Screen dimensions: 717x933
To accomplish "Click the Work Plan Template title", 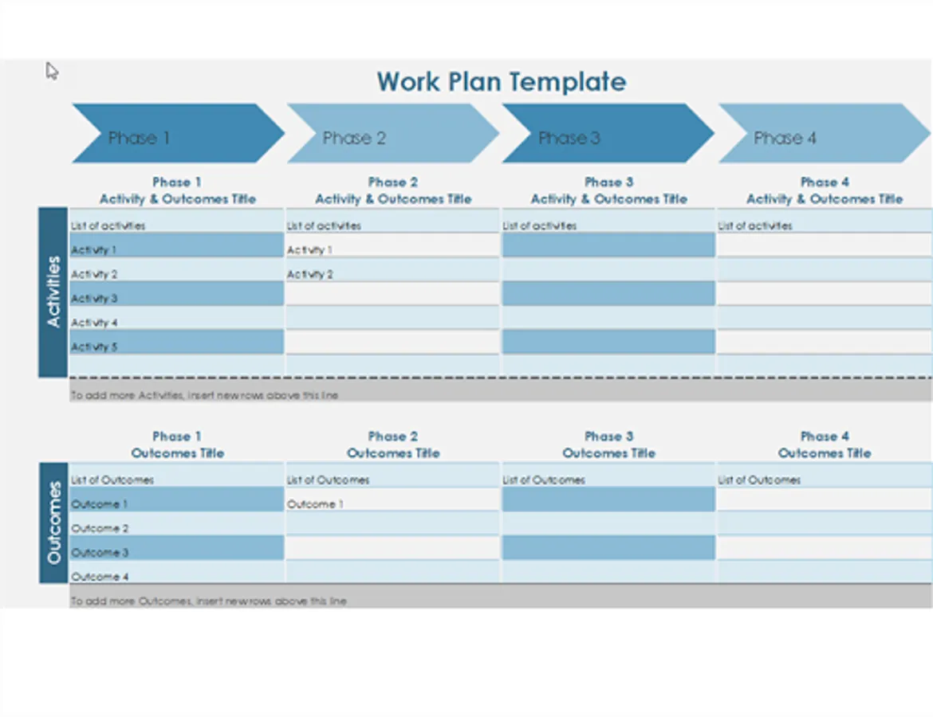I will pos(501,82).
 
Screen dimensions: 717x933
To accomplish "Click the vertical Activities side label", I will pos(53,292).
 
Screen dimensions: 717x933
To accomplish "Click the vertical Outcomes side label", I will pos(53,523).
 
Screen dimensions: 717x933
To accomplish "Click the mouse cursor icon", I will pos(52,72).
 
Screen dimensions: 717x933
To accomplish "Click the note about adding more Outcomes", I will pos(209,601).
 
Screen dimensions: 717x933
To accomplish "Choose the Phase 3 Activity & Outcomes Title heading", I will pos(608,191).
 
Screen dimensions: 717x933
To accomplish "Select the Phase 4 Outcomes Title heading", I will pos(825,445).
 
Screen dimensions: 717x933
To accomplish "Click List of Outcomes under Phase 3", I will pos(543,480).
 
